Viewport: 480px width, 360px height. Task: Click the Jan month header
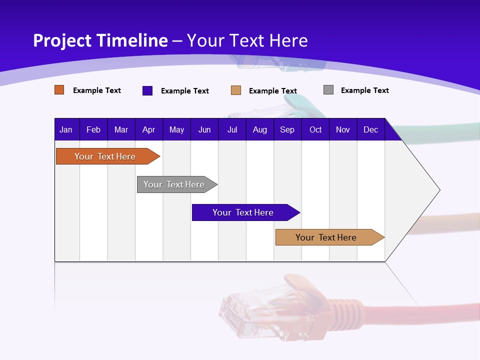(x=66, y=129)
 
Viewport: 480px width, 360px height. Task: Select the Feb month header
(x=93, y=129)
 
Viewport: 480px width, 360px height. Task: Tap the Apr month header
(x=148, y=129)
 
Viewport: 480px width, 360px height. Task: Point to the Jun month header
(x=204, y=129)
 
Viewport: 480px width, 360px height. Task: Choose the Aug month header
(x=260, y=129)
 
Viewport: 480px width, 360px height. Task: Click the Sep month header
(x=287, y=129)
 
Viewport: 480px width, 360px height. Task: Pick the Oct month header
(x=315, y=129)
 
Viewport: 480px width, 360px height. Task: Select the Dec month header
(x=371, y=129)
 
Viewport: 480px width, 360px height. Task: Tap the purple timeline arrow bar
(x=243, y=212)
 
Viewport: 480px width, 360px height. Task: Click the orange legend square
(x=59, y=90)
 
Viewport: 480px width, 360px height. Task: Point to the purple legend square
(x=147, y=90)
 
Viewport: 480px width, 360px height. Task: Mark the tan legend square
(x=236, y=90)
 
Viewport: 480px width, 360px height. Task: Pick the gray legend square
(x=328, y=90)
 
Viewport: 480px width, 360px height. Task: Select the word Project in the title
(x=62, y=40)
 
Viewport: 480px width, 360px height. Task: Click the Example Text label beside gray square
(x=364, y=90)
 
